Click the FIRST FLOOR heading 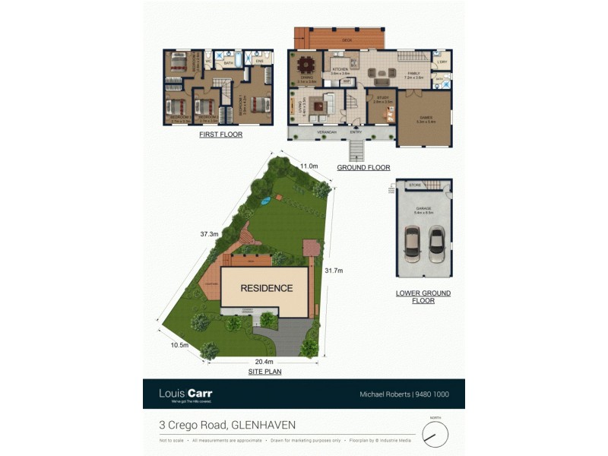[220, 135]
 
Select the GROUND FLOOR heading [363, 167]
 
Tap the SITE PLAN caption [265, 372]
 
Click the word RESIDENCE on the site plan [267, 288]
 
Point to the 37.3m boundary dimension [209, 234]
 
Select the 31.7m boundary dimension [334, 271]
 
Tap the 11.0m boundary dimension [308, 166]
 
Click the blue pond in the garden [265, 201]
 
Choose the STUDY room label [382, 97]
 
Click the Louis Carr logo [185, 394]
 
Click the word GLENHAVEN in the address [264, 425]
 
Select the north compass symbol [435, 435]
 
